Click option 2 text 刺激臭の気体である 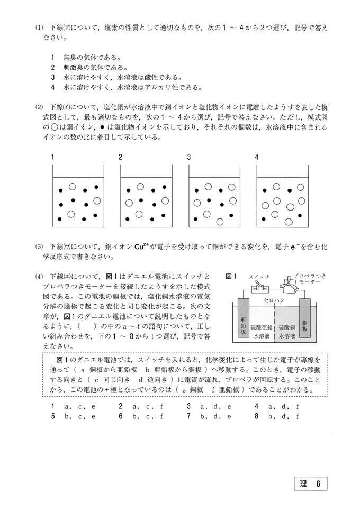(x=87, y=67)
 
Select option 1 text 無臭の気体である (x=84, y=57)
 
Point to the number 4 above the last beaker (x=257, y=157)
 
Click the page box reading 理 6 (x=311, y=483)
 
